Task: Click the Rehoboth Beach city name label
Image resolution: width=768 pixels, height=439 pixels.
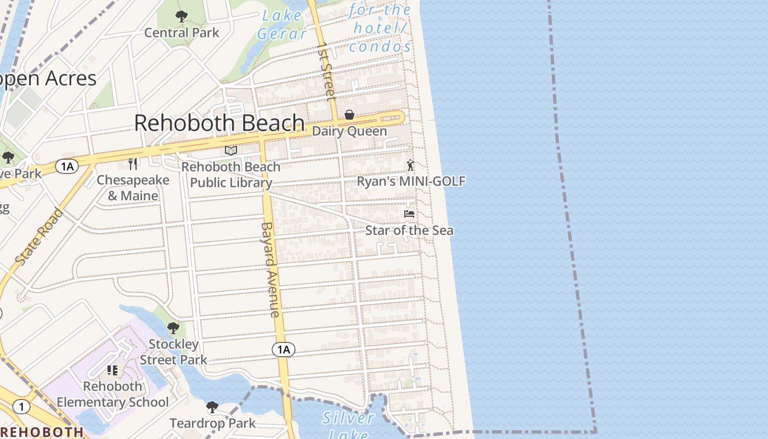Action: tap(219, 123)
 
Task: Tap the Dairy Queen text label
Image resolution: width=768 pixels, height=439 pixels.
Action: tap(349, 132)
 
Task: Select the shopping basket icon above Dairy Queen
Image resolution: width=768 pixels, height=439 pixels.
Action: tap(349, 115)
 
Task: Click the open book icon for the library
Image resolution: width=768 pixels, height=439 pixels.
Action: tap(231, 150)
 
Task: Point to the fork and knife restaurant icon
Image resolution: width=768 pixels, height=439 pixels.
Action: tap(133, 164)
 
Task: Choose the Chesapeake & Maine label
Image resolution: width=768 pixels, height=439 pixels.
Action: tap(133, 188)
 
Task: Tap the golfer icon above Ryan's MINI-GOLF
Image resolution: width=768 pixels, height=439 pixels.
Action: tap(410, 165)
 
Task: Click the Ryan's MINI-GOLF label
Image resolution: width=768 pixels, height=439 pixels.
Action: tap(411, 181)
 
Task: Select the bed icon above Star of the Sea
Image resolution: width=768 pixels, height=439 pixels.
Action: tap(409, 213)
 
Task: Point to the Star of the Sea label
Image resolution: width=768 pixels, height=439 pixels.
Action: tap(409, 230)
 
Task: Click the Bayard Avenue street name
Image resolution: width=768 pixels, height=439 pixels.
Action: tap(270, 269)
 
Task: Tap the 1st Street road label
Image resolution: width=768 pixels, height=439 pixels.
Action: tap(326, 71)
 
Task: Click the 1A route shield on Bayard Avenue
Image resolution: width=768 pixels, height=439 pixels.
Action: tap(283, 350)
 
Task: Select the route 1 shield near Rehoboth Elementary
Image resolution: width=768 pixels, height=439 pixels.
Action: tap(21, 407)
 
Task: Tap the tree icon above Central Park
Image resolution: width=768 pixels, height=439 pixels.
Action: tap(181, 16)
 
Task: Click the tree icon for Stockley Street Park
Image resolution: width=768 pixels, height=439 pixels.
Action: tap(173, 328)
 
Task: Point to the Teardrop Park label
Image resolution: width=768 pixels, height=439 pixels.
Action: tap(212, 423)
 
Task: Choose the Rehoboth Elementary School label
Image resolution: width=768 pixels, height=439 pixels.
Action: tap(113, 394)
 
